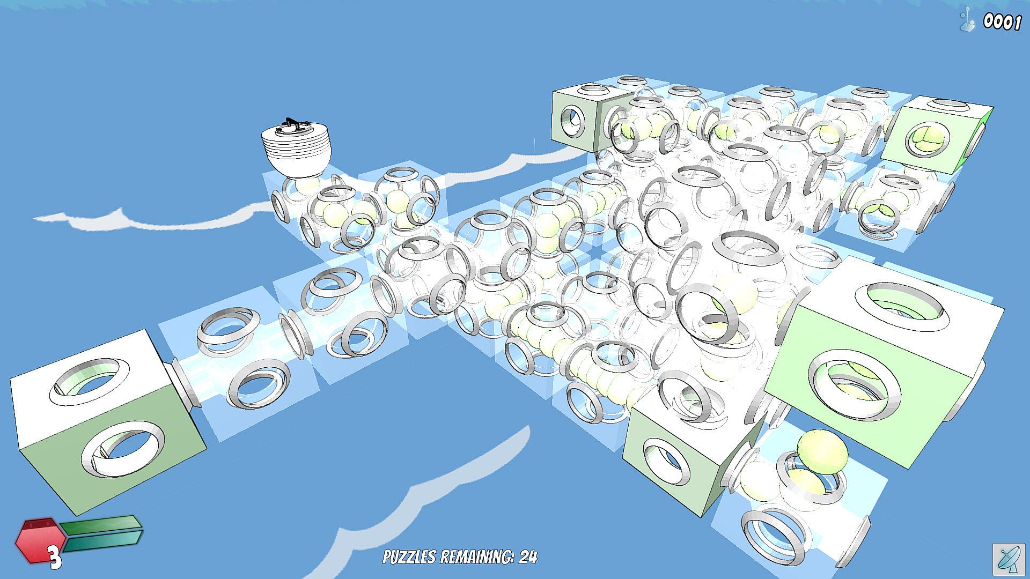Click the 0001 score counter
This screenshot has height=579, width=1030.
[x=1002, y=22]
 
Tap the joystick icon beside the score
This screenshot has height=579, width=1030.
[x=967, y=20]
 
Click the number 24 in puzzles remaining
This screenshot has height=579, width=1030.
[x=528, y=558]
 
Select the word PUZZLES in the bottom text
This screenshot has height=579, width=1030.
[x=409, y=558]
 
